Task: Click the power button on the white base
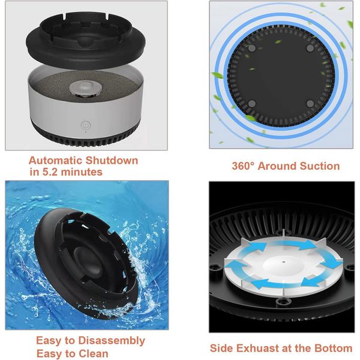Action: (x=86, y=125)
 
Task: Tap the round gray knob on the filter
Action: (x=85, y=88)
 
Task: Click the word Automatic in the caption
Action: (x=56, y=160)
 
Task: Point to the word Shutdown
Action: (x=112, y=160)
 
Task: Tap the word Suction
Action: (x=320, y=166)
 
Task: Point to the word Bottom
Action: (x=334, y=348)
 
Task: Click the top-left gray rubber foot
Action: (x=252, y=48)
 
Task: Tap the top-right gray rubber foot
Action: (x=310, y=48)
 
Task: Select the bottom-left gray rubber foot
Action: (x=252, y=104)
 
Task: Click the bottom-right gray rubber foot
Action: (x=310, y=104)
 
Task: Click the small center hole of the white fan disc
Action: (x=284, y=262)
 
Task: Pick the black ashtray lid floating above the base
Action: (x=86, y=40)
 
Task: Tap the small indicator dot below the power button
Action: (x=86, y=132)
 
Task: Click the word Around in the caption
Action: (x=277, y=166)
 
